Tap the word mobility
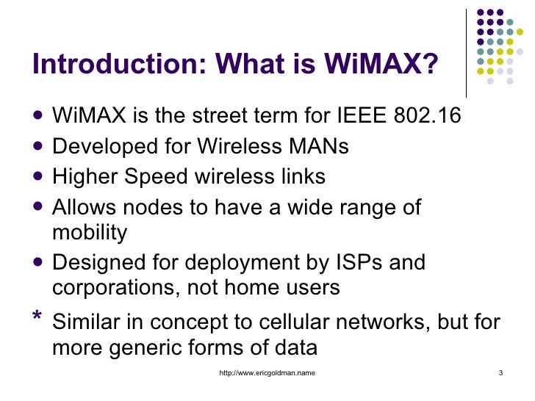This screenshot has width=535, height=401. click(x=90, y=232)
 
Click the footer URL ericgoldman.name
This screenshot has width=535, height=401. click(x=267, y=375)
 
